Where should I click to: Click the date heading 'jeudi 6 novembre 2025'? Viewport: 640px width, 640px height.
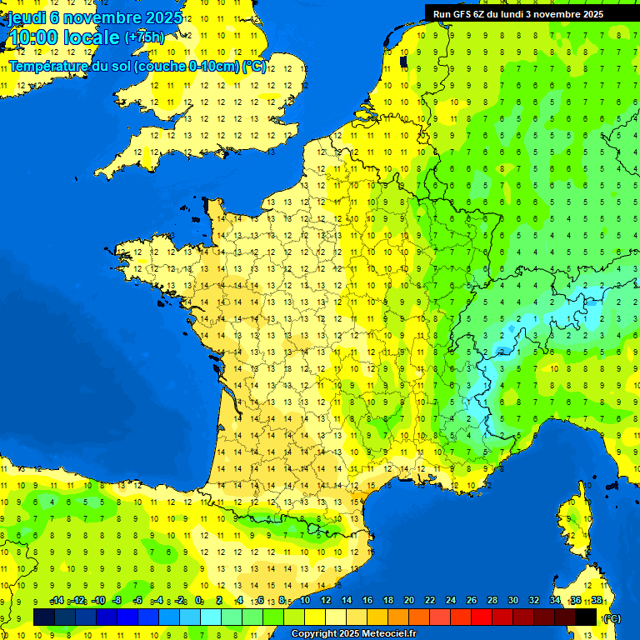(x=96, y=17)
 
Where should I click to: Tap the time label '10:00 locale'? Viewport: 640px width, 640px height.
(x=64, y=37)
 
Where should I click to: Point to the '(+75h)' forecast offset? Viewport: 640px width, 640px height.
(x=144, y=37)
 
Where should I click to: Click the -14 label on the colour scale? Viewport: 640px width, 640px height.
(x=57, y=600)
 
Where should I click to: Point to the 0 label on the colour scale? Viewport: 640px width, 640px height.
(x=198, y=600)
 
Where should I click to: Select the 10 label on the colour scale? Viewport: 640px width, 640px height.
(x=304, y=600)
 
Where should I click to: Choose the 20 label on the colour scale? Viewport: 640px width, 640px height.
(x=409, y=600)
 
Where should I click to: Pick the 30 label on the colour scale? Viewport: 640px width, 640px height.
(x=513, y=600)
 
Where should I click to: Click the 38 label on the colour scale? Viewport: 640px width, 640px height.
(x=597, y=600)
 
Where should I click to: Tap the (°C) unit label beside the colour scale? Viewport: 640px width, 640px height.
(x=612, y=618)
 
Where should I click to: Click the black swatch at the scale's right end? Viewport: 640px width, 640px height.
(x=586, y=617)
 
